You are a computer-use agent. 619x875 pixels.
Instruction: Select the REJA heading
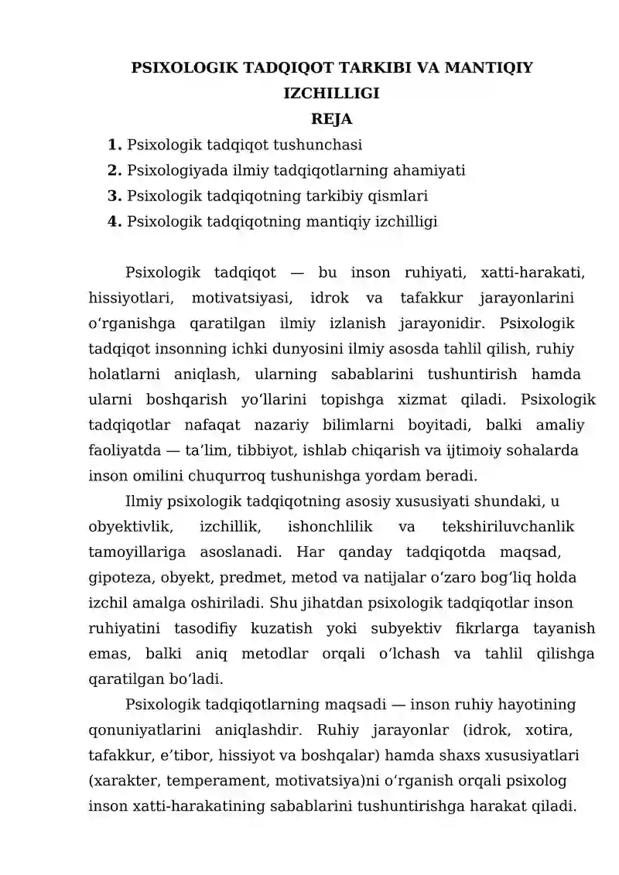(332, 119)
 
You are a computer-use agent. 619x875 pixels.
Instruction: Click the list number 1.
(115, 145)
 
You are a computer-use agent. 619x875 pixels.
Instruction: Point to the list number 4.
(115, 222)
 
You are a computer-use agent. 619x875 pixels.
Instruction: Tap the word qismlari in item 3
(398, 196)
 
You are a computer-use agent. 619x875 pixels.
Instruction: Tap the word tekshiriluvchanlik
(508, 527)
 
